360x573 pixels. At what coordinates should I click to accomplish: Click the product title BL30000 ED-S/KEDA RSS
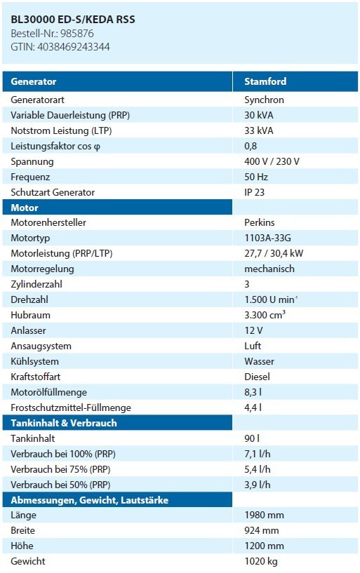click(x=73, y=20)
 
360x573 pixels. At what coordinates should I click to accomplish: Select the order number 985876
click(x=77, y=34)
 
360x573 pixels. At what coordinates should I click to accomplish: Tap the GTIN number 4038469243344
click(x=74, y=47)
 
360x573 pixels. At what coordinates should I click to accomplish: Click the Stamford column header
click(x=265, y=81)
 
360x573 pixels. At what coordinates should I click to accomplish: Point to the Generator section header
click(x=33, y=81)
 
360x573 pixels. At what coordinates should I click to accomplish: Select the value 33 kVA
click(x=259, y=130)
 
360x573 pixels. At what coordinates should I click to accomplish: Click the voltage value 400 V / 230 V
click(x=272, y=161)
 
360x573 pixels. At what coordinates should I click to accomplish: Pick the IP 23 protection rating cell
click(x=254, y=192)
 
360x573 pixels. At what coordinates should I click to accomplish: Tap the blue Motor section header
click(x=25, y=208)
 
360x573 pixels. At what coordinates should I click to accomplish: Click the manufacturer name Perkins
click(x=260, y=222)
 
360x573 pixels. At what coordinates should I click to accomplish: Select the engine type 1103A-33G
click(x=268, y=238)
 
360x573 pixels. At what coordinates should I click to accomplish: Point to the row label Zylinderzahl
click(x=36, y=284)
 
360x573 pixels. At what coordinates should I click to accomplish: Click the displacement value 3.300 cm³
click(x=265, y=315)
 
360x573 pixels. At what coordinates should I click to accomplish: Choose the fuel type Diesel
click(x=258, y=377)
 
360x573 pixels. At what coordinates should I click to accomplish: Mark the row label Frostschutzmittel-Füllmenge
click(x=71, y=407)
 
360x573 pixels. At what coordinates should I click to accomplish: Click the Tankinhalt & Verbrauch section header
click(x=64, y=423)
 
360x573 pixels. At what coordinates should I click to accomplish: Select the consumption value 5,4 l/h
click(x=258, y=469)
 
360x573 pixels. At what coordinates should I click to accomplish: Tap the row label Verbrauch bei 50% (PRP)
click(x=60, y=485)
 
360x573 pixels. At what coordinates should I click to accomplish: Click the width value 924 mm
click(x=262, y=530)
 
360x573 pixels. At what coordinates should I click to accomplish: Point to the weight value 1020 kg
click(x=261, y=561)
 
